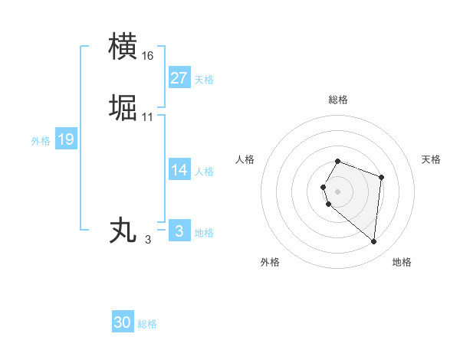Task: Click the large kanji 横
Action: coord(123,46)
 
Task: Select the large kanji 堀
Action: coord(123,108)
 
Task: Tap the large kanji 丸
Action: coord(123,230)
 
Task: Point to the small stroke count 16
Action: coord(148,56)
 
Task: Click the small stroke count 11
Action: coord(148,117)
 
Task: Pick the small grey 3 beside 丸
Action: coord(148,240)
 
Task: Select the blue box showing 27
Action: coord(179,78)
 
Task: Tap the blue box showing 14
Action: coord(179,170)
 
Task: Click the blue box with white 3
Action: coord(179,231)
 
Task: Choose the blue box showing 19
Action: coord(66,139)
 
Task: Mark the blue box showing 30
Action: coord(123,322)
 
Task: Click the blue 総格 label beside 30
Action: coord(147,324)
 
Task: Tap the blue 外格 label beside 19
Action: coord(41,141)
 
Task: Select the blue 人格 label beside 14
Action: coord(204,172)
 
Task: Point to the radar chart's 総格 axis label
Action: coord(338,100)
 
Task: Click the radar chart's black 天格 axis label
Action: coord(432,159)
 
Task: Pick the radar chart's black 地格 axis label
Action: coord(402,262)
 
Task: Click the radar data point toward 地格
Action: coord(373,242)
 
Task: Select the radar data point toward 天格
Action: coord(381,177)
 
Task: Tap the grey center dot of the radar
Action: coord(338,191)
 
